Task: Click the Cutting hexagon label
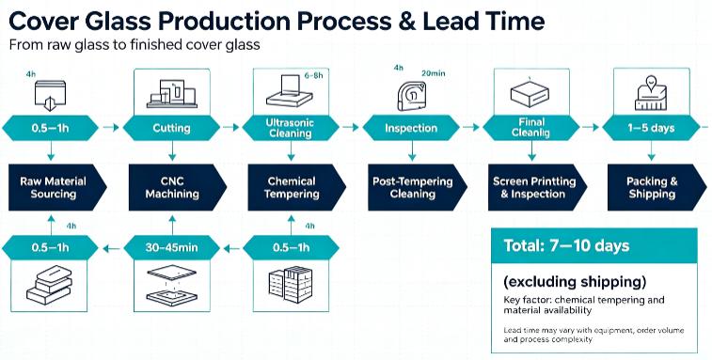[171, 128]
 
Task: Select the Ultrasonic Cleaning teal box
[291, 128]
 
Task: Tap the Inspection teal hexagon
[411, 128]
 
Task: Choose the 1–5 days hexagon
[651, 128]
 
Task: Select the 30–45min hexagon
[171, 248]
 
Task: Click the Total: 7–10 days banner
[594, 246]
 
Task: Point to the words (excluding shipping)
[575, 282]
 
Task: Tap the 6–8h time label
[313, 76]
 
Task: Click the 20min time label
[433, 73]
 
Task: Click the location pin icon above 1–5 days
[652, 83]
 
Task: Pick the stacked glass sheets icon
[49, 284]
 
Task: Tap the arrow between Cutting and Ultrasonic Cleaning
[230, 128]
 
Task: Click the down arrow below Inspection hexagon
[412, 150]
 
